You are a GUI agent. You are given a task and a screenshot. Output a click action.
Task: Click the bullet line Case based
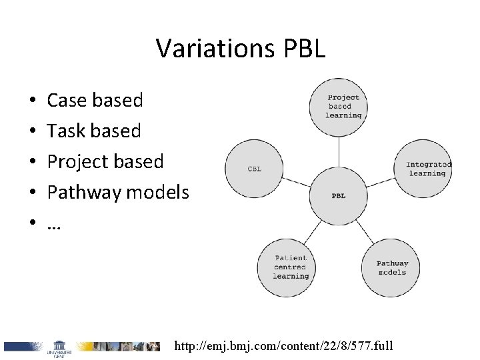point(95,100)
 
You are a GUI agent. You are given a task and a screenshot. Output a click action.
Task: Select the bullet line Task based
point(94,131)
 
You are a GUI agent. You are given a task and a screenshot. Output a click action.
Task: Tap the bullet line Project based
point(105,162)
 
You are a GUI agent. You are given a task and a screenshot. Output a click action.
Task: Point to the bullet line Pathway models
point(119,193)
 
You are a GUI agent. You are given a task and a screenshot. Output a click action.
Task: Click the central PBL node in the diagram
point(339,195)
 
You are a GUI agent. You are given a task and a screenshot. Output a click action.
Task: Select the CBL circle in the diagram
point(254,169)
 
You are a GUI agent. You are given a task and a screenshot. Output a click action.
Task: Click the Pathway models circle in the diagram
point(392,267)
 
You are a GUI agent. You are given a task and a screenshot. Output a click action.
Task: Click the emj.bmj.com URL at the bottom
point(284,347)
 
